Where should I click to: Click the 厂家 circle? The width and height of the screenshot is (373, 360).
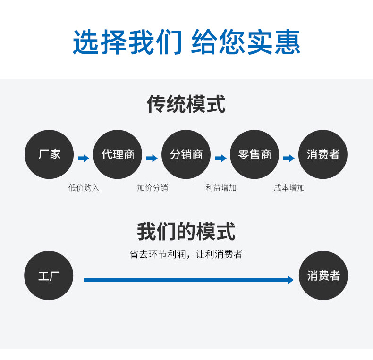pos(49,154)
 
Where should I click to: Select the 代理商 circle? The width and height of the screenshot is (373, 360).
pos(118,154)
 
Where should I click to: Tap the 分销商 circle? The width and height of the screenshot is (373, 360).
pos(186,154)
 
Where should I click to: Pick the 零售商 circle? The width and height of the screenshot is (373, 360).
pos(254,154)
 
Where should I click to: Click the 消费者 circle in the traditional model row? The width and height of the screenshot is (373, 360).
pos(323,154)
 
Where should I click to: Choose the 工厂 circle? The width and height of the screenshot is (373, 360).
pos(49,276)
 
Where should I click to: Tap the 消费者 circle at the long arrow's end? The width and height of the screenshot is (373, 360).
pos(323,276)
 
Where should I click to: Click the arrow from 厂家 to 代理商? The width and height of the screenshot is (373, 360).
pos(84,158)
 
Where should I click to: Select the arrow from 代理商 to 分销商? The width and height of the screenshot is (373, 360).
pos(152,158)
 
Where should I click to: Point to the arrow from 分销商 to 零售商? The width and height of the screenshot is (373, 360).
pos(220,158)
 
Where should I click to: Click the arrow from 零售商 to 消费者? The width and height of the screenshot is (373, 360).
pos(289,158)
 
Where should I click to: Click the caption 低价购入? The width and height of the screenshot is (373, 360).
pos(84,188)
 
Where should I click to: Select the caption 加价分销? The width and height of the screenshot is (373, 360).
pos(153,188)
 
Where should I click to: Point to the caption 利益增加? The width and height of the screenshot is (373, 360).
pos(220,188)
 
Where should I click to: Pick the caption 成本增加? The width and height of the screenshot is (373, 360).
pos(289,188)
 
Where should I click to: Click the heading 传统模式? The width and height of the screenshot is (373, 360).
pos(186,104)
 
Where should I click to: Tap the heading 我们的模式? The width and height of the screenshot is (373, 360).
pos(186,232)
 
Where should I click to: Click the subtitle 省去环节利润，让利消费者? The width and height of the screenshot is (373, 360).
pos(186,254)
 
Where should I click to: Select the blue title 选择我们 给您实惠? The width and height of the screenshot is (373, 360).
pos(186,42)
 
